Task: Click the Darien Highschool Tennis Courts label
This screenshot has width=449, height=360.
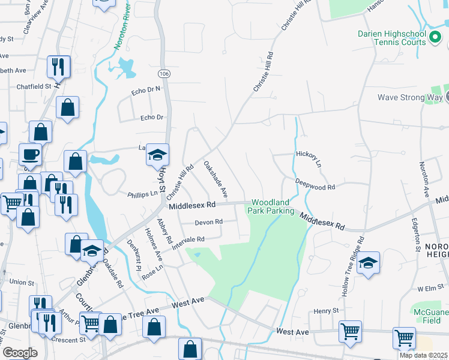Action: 392,38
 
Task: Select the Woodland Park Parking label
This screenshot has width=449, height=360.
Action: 273,206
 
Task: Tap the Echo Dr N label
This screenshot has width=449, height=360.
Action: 146,91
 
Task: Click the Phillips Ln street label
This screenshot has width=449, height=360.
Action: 142,194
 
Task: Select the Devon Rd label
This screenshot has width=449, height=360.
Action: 209,222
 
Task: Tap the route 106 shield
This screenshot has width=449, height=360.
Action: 163,73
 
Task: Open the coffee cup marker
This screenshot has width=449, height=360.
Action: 30,155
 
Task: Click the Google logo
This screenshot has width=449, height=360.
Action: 20,353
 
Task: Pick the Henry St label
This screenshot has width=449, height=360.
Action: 327,311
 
